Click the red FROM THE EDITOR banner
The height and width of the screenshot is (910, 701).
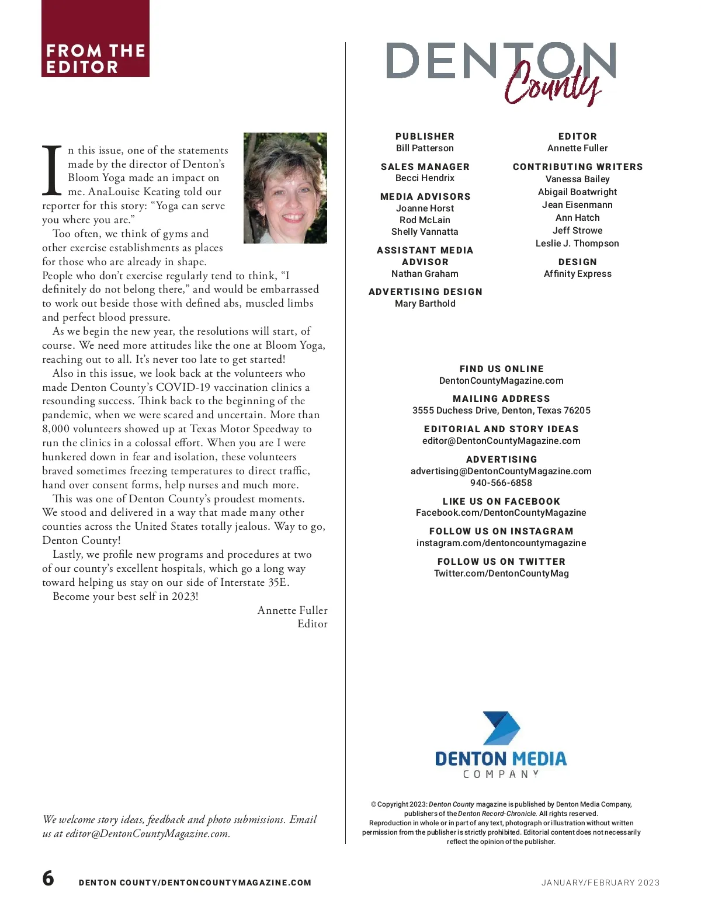[x=95, y=39]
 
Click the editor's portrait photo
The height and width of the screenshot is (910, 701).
[x=285, y=188]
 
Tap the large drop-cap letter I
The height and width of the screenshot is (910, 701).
[x=52, y=170]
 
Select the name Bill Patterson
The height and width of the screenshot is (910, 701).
[x=425, y=148]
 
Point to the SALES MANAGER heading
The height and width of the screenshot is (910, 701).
[x=425, y=166]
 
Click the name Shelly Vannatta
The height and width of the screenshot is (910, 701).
[x=425, y=232]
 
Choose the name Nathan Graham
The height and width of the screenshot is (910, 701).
[x=425, y=274]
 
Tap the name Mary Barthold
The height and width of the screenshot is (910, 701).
[x=425, y=304]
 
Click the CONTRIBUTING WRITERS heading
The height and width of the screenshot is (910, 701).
[x=577, y=166]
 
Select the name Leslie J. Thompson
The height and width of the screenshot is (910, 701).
[x=577, y=244]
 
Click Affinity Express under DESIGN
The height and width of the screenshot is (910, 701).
[x=577, y=274]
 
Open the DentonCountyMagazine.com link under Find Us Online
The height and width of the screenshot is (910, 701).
[x=501, y=381]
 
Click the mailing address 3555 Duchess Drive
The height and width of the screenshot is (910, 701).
[x=501, y=411]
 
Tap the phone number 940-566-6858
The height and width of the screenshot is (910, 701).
[x=501, y=483]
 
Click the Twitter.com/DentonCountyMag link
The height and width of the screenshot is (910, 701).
[x=501, y=574]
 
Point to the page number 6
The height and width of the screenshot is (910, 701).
[x=48, y=878]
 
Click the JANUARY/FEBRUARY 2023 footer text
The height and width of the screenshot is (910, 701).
[x=600, y=883]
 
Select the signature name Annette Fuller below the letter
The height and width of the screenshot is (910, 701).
[x=292, y=610]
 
